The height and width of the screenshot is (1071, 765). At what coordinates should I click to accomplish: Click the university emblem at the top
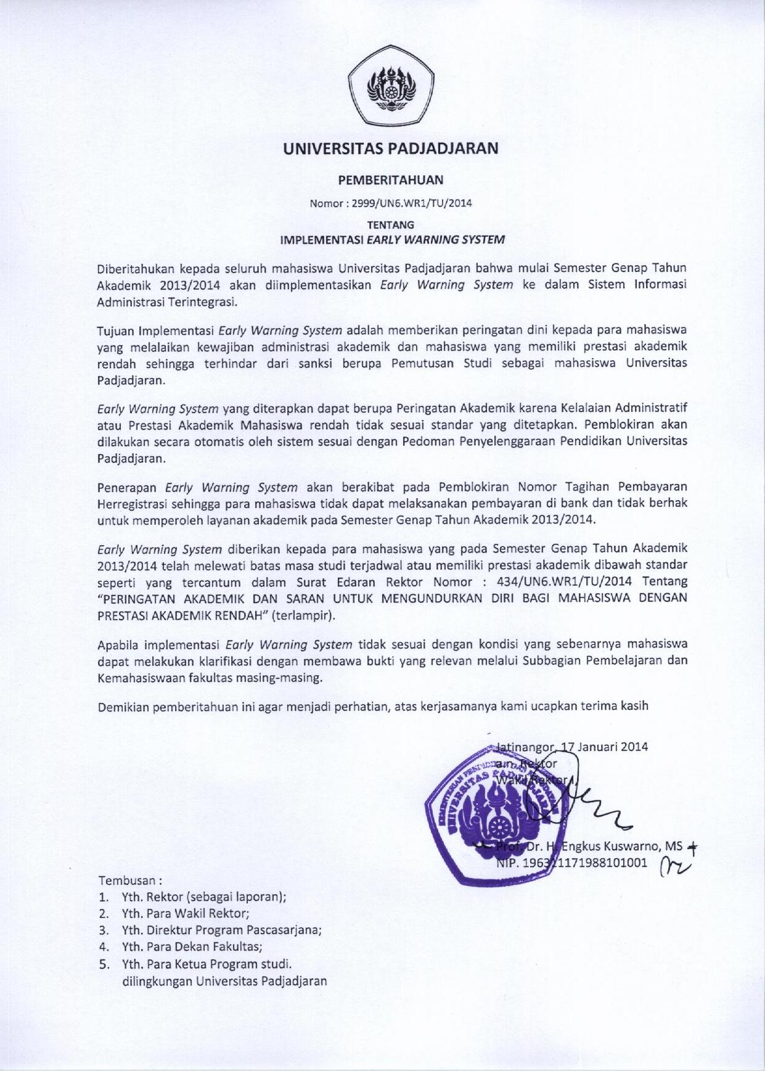pyautogui.click(x=390, y=88)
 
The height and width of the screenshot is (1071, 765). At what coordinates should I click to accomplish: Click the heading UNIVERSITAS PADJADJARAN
pyautogui.click(x=390, y=149)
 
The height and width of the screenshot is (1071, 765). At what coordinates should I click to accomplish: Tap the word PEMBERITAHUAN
pyautogui.click(x=390, y=180)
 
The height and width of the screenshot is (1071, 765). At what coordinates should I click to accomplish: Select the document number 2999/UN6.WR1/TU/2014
pyautogui.click(x=411, y=203)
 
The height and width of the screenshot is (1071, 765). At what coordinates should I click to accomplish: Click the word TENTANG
pyautogui.click(x=390, y=225)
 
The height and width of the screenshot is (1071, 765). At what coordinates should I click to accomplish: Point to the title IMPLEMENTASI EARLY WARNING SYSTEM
pyautogui.click(x=392, y=240)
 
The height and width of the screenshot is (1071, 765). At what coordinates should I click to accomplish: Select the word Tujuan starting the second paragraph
pyautogui.click(x=115, y=330)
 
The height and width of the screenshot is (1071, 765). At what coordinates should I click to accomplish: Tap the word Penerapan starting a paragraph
pyautogui.click(x=126, y=488)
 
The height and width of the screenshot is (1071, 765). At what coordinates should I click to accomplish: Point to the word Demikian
pyautogui.click(x=123, y=707)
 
